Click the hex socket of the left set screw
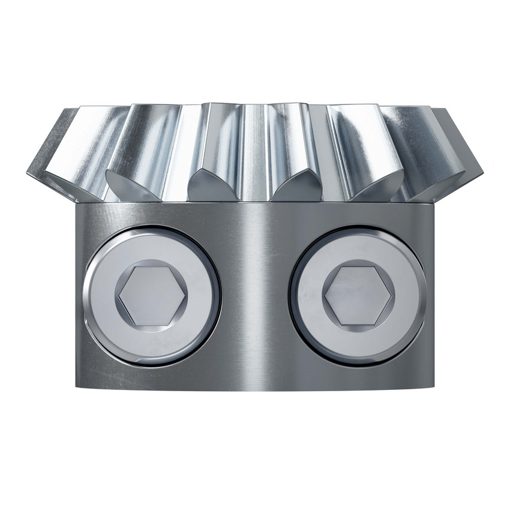pyautogui.click(x=152, y=295)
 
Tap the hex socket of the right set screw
pyautogui.click(x=358, y=295)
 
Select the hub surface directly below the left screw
pyautogui.click(x=152, y=377)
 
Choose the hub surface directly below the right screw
pyautogui.click(x=358, y=377)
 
